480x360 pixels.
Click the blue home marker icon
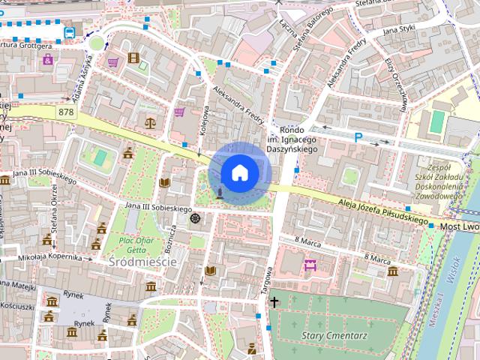(x=239, y=172)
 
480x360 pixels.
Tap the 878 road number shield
(x=66, y=112)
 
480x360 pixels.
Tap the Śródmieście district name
(x=142, y=262)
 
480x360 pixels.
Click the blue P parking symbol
(x=358, y=137)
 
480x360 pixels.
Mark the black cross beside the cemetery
(x=274, y=303)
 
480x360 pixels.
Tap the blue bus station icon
(x=69, y=32)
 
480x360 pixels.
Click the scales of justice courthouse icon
(x=151, y=119)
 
